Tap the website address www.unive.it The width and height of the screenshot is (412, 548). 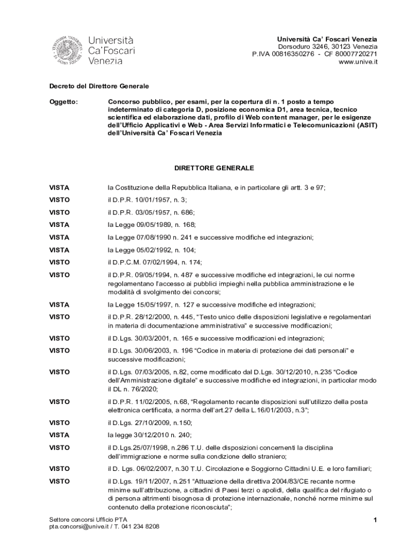coord(358,62)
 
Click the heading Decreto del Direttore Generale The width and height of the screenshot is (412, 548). coord(99,86)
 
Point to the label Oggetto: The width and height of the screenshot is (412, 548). coord(64,101)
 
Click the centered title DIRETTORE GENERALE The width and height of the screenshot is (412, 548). coord(214,168)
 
